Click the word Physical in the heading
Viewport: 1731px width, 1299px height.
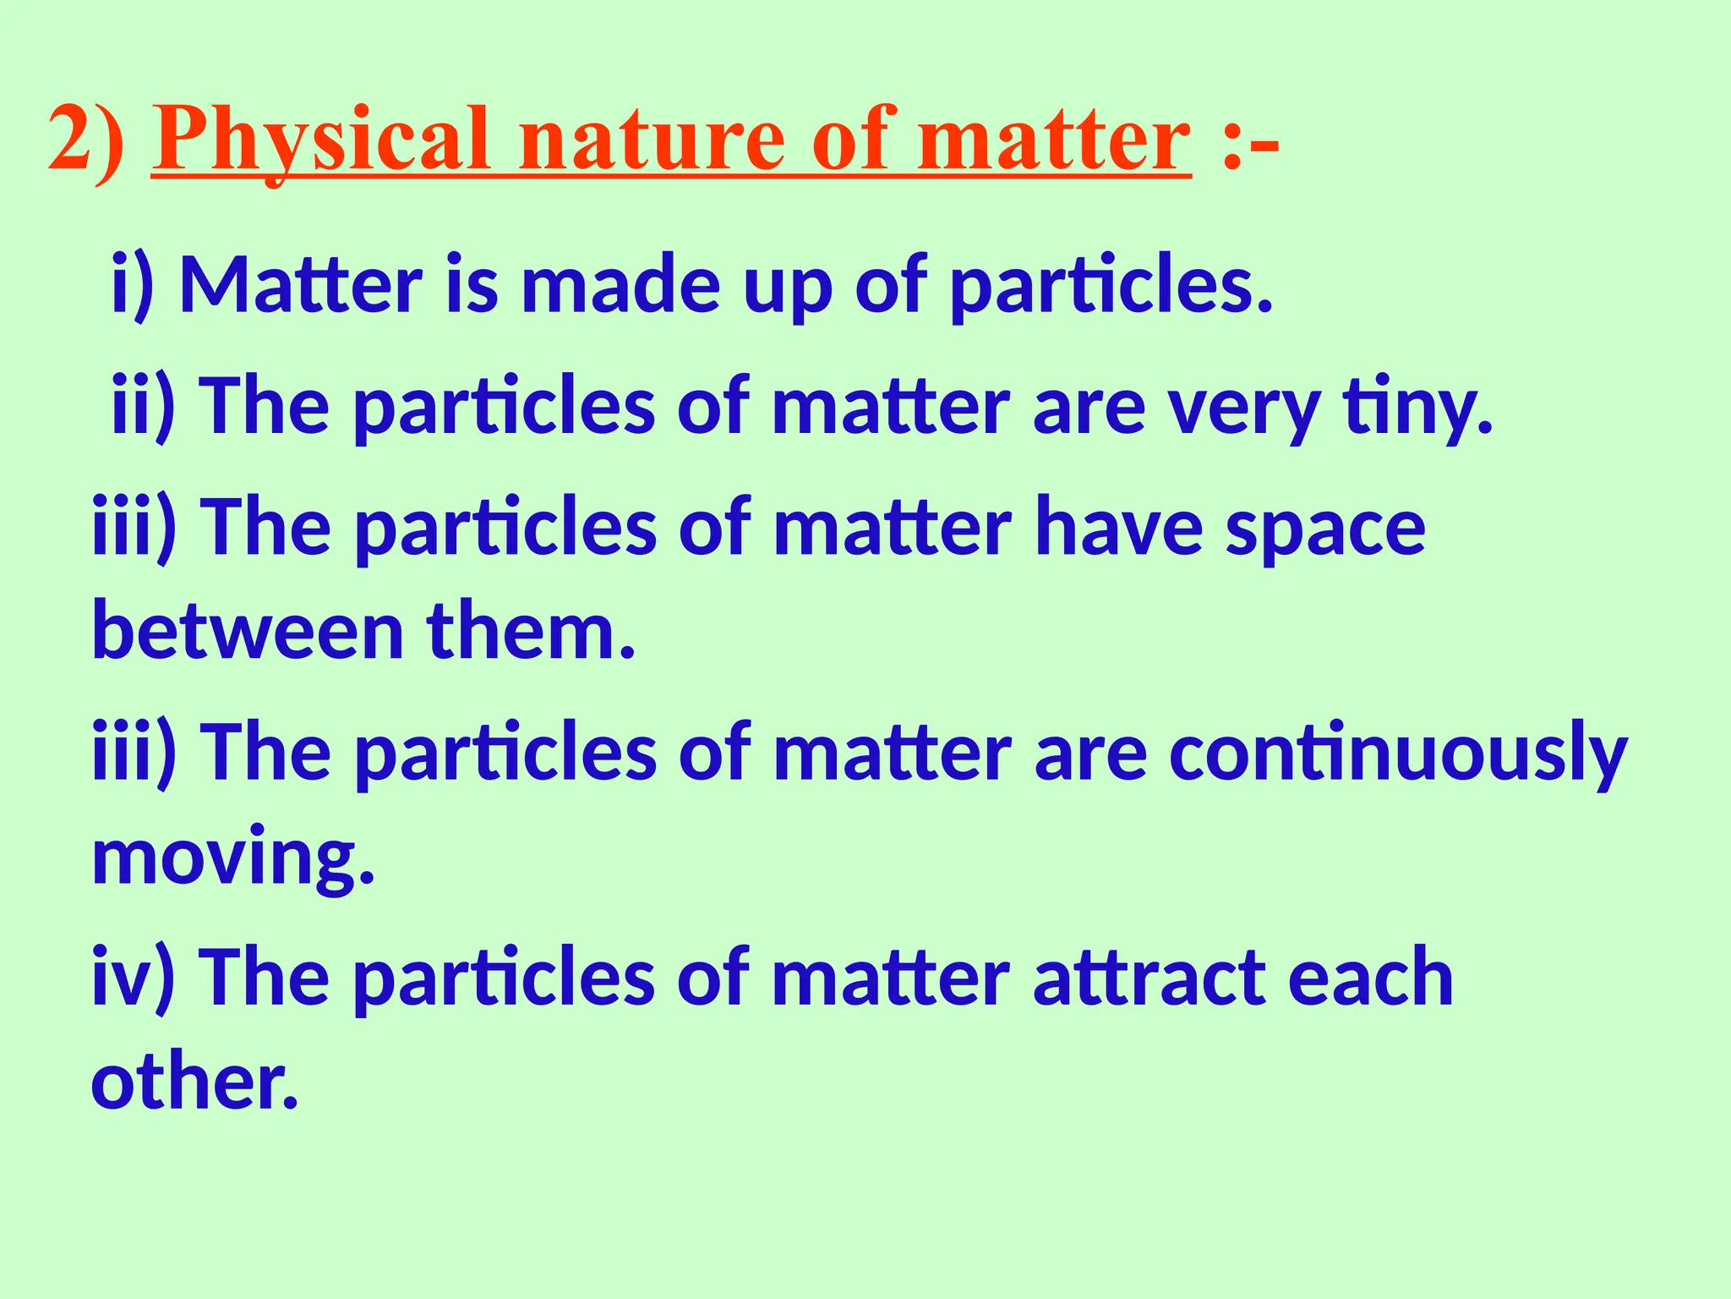321,140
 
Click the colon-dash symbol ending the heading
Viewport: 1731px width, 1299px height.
1250,140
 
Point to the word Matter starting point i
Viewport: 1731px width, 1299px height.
301,285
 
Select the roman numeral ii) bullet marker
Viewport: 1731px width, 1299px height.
143,406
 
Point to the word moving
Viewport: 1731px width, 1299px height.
232,858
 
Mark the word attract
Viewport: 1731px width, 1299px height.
1149,978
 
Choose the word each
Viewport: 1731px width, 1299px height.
1370,978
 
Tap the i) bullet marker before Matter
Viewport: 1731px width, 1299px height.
133,285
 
